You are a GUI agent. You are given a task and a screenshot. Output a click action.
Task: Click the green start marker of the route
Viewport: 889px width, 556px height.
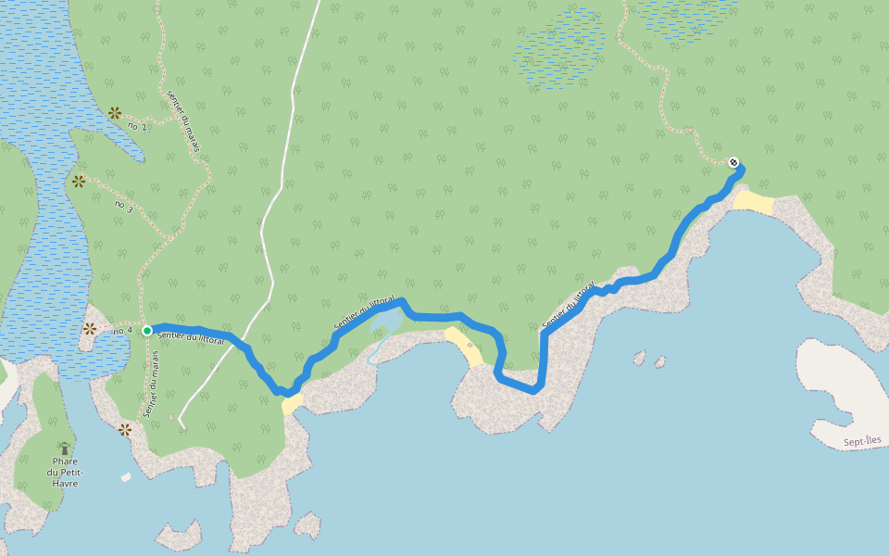(x=147, y=329)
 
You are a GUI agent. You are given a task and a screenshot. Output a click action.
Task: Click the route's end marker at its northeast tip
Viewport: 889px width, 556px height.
(x=733, y=163)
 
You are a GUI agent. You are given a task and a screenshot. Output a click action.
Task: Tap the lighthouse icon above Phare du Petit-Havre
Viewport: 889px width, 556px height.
(x=64, y=449)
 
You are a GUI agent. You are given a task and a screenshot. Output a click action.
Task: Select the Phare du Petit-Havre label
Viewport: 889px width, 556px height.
(x=65, y=472)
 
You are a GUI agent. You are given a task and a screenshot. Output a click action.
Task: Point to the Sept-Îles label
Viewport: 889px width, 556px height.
(x=865, y=443)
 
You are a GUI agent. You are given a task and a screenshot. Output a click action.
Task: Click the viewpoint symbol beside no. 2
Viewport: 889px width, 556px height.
(x=115, y=113)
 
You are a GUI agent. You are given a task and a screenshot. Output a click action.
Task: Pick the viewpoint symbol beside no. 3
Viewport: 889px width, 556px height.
(x=79, y=182)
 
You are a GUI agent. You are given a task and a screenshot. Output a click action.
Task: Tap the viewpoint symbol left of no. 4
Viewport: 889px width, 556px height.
(x=90, y=329)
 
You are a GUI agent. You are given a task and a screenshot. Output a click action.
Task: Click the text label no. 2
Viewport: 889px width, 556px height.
(x=137, y=126)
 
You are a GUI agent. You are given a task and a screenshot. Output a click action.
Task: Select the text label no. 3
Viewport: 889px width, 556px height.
(x=123, y=205)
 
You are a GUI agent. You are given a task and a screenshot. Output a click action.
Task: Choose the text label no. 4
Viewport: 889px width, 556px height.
(x=123, y=330)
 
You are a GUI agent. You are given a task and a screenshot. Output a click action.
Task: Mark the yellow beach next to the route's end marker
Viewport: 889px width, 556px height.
(x=753, y=203)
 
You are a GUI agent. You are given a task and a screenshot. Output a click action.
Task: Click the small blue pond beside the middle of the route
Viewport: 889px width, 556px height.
(x=385, y=325)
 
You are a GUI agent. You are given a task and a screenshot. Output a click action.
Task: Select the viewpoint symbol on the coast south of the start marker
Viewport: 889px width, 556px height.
(x=125, y=429)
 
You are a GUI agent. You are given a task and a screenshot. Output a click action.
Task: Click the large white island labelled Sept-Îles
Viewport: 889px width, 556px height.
(x=843, y=389)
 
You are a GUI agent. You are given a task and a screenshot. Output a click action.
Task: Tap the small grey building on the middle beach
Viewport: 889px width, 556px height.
(x=470, y=345)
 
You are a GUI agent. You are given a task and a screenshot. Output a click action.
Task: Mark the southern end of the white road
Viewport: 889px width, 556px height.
(x=182, y=426)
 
